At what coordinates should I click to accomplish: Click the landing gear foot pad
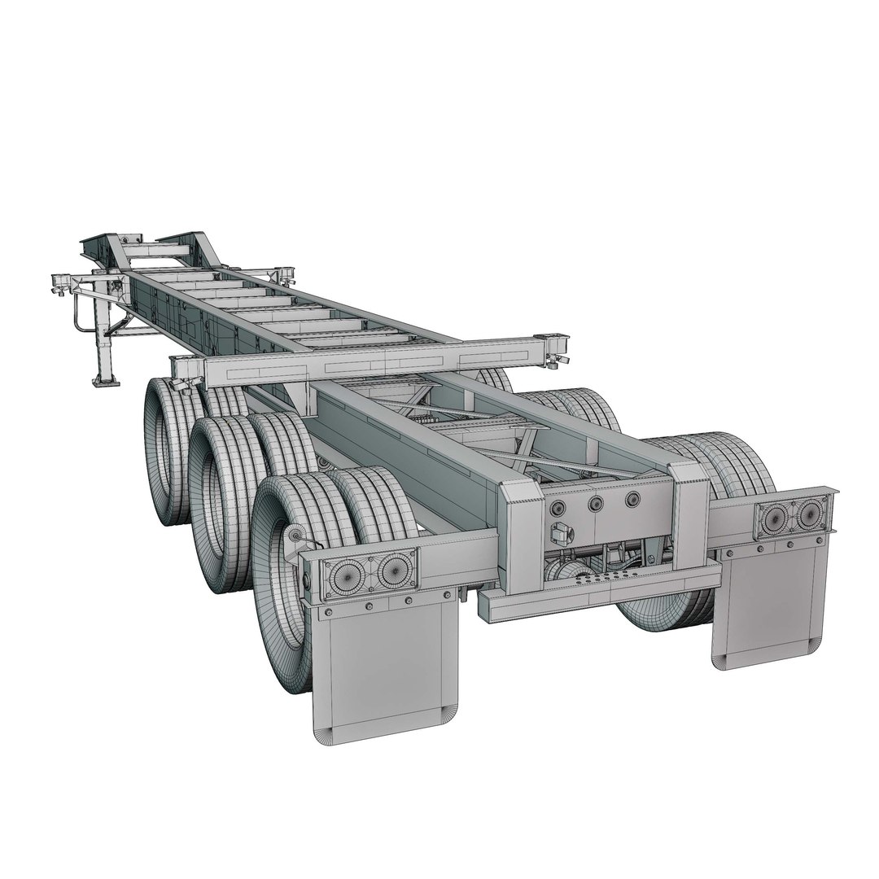click(102, 378)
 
